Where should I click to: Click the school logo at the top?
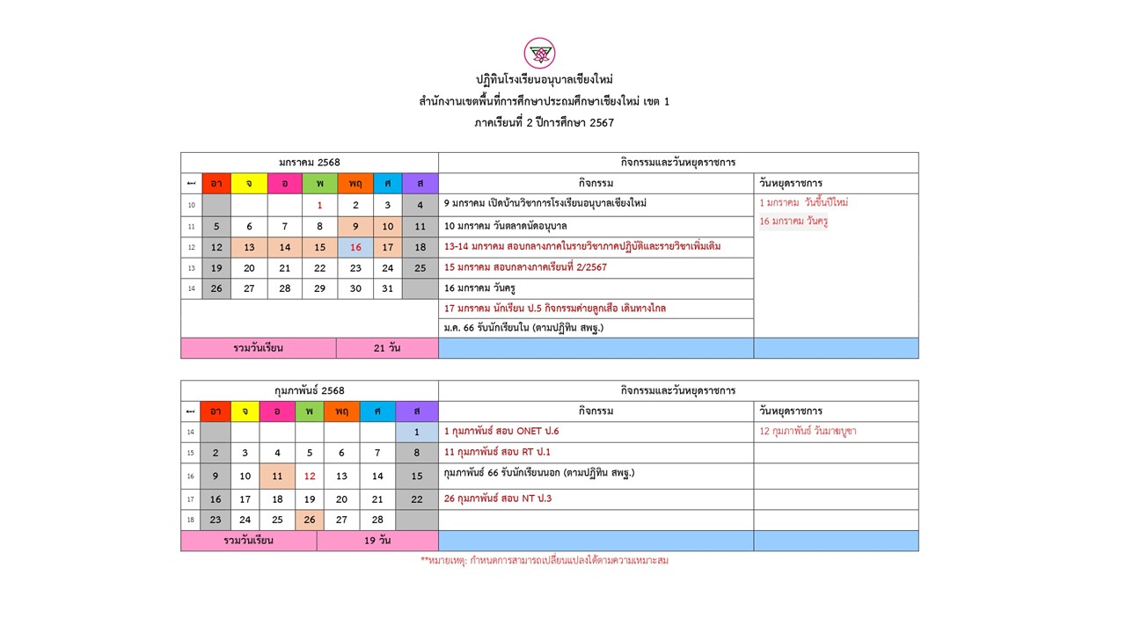[539, 53]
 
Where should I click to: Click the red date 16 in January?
[355, 247]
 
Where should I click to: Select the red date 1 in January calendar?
[320, 205]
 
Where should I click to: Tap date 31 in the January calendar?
[388, 288]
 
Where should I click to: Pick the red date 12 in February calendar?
[310, 476]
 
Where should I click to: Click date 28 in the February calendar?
[377, 520]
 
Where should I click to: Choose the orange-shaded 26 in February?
[310, 520]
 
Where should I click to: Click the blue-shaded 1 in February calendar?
[416, 432]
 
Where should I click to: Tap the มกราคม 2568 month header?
[310, 163]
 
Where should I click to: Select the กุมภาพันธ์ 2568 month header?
[310, 390]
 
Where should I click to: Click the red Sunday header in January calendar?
[216, 183]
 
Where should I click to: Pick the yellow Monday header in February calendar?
[245, 411]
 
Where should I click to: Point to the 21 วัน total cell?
[387, 348]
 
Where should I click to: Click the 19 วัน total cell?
[377, 541]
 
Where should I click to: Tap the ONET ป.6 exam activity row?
[501, 432]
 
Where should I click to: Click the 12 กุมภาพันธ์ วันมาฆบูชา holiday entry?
[808, 432]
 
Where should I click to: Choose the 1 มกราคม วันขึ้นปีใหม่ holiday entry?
[804, 202]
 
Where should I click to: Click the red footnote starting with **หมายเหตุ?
[545, 560]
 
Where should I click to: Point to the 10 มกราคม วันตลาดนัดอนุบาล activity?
[506, 226]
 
